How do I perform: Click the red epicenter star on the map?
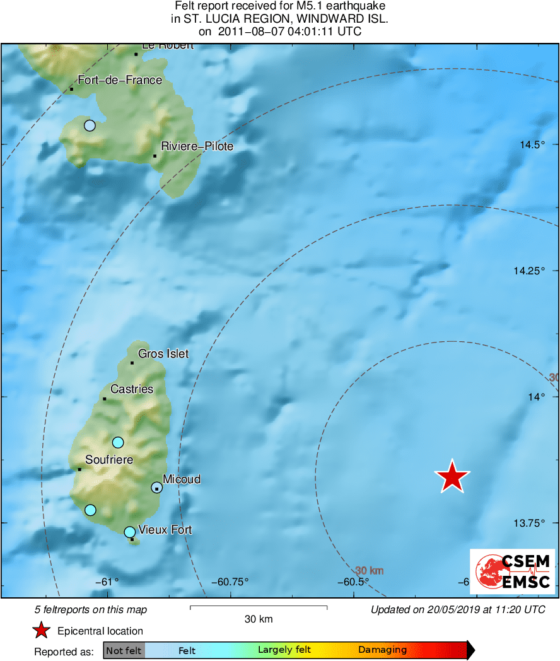[x=452, y=477]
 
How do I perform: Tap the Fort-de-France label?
[x=119, y=80]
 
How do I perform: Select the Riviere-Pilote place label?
[x=197, y=146]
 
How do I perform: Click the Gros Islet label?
[x=163, y=354]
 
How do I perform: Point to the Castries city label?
[x=132, y=389]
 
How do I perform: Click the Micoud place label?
[x=182, y=479]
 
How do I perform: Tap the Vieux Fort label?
[x=165, y=530]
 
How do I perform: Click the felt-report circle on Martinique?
[x=90, y=126]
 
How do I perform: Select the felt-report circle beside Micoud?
[x=157, y=487]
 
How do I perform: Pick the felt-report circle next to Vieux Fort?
[x=129, y=532]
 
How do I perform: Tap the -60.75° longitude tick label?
[x=231, y=582]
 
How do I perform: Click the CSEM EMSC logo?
[x=513, y=571]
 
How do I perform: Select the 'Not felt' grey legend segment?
[x=124, y=650]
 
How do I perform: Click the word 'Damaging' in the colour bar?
[x=383, y=650]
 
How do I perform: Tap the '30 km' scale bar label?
[x=259, y=619]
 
